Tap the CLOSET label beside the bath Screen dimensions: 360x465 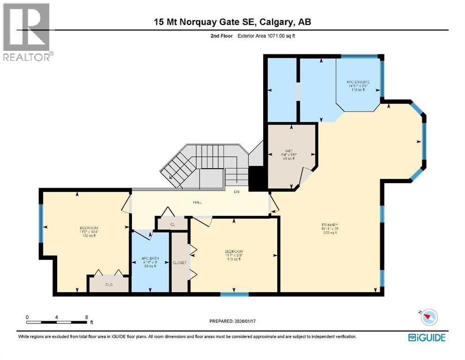point(179,262)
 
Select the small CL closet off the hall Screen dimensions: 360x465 point(172,225)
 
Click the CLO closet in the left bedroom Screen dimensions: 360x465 point(109,284)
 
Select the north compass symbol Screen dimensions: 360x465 point(428,317)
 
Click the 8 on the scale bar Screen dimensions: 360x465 point(86,317)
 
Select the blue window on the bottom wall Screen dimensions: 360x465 point(234,294)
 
